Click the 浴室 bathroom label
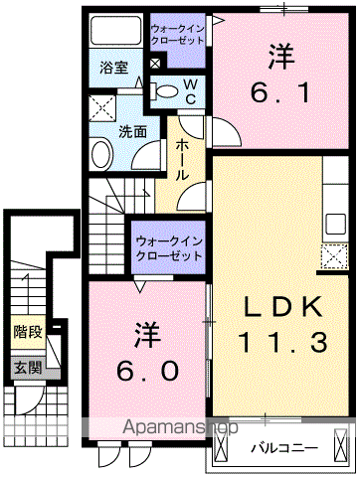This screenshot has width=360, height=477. pos(114,68)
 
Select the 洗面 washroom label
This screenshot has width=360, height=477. pos(133,131)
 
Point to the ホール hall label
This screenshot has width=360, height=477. pos(185,159)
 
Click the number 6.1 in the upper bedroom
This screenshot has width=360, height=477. pos(283,92)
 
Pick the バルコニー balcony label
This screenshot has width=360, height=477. pos(283,445)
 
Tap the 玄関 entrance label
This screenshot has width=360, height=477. pos(25,370)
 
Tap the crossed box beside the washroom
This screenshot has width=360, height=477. pos(101,107)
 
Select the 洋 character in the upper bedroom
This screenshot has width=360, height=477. pos(284,56)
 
